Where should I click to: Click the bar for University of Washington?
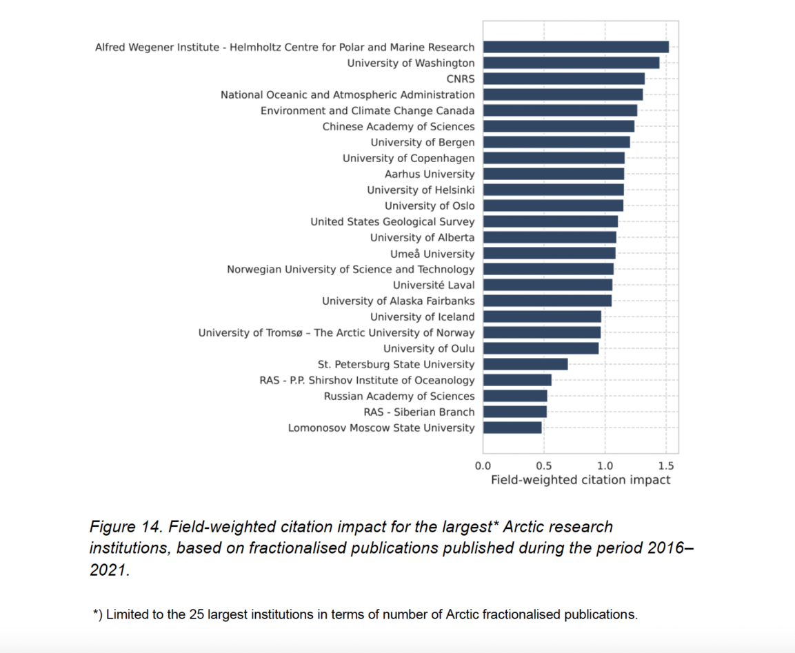571,63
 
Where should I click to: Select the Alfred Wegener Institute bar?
576,47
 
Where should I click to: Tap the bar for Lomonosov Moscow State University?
512,428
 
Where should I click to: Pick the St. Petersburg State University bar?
525,364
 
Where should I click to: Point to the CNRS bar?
564,79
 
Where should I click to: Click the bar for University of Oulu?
541,348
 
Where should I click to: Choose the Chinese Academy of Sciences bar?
558,126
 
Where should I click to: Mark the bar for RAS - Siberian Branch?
514,412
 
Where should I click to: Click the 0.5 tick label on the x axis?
544,465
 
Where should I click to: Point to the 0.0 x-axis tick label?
483,465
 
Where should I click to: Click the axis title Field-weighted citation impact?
580,480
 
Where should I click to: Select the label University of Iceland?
422,317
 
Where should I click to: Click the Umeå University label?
432,254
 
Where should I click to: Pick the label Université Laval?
434,285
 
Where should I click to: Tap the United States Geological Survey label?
392,221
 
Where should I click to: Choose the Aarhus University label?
430,174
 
